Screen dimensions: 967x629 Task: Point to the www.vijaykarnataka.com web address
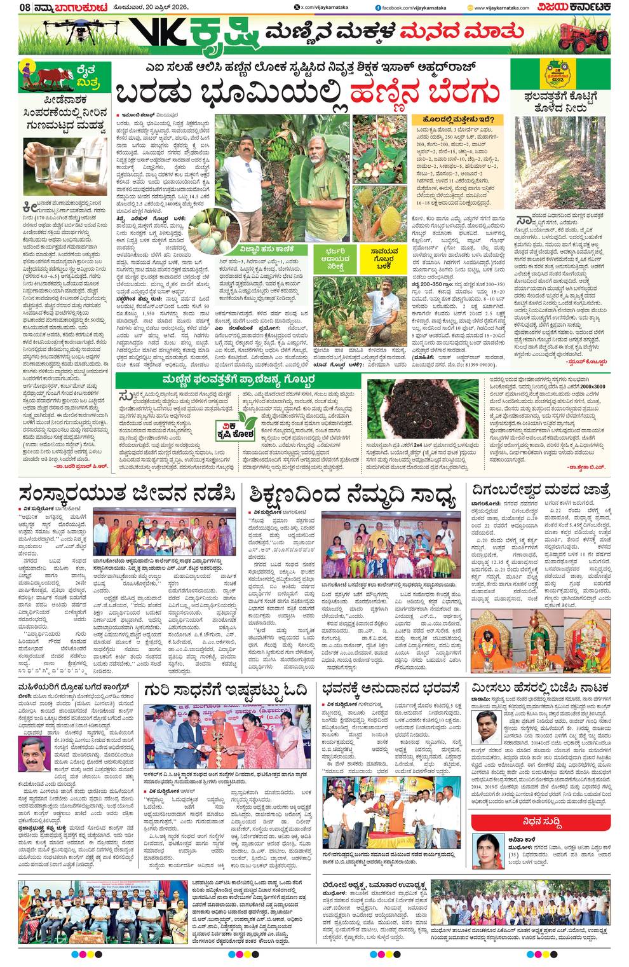click(505, 7)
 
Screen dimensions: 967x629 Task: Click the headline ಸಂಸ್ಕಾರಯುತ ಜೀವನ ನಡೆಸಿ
click(128, 495)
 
